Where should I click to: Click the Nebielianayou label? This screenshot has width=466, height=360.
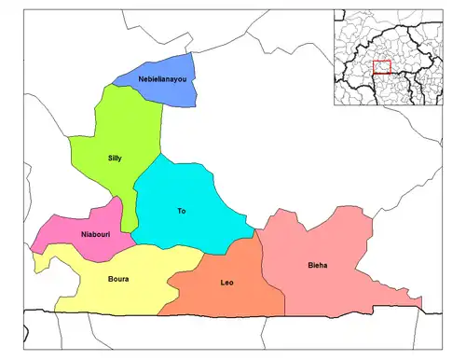coord(163,79)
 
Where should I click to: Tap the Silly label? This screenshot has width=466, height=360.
coord(115,159)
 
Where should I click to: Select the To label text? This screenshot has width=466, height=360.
coord(181,212)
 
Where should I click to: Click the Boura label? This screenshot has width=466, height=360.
coord(118,279)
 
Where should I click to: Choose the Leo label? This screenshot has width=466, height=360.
coord(226,282)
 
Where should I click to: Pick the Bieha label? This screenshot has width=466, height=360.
coord(317,267)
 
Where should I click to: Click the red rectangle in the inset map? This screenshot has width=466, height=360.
coord(381,67)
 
